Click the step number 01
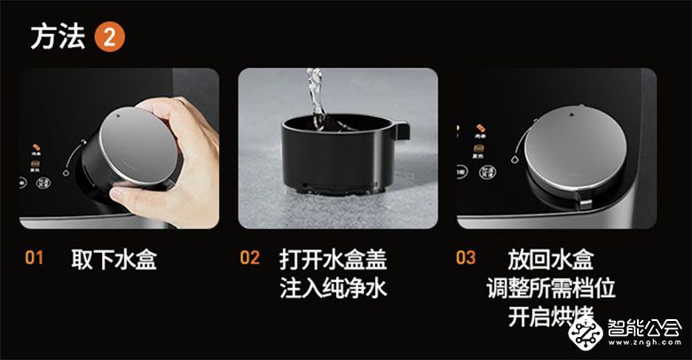point(34,259)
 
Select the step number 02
point(250,259)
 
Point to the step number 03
point(466,259)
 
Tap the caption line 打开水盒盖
point(334,260)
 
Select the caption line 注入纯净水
point(334,288)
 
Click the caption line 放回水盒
point(550,260)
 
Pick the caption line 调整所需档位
point(550,288)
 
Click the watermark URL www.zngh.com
point(647,348)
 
